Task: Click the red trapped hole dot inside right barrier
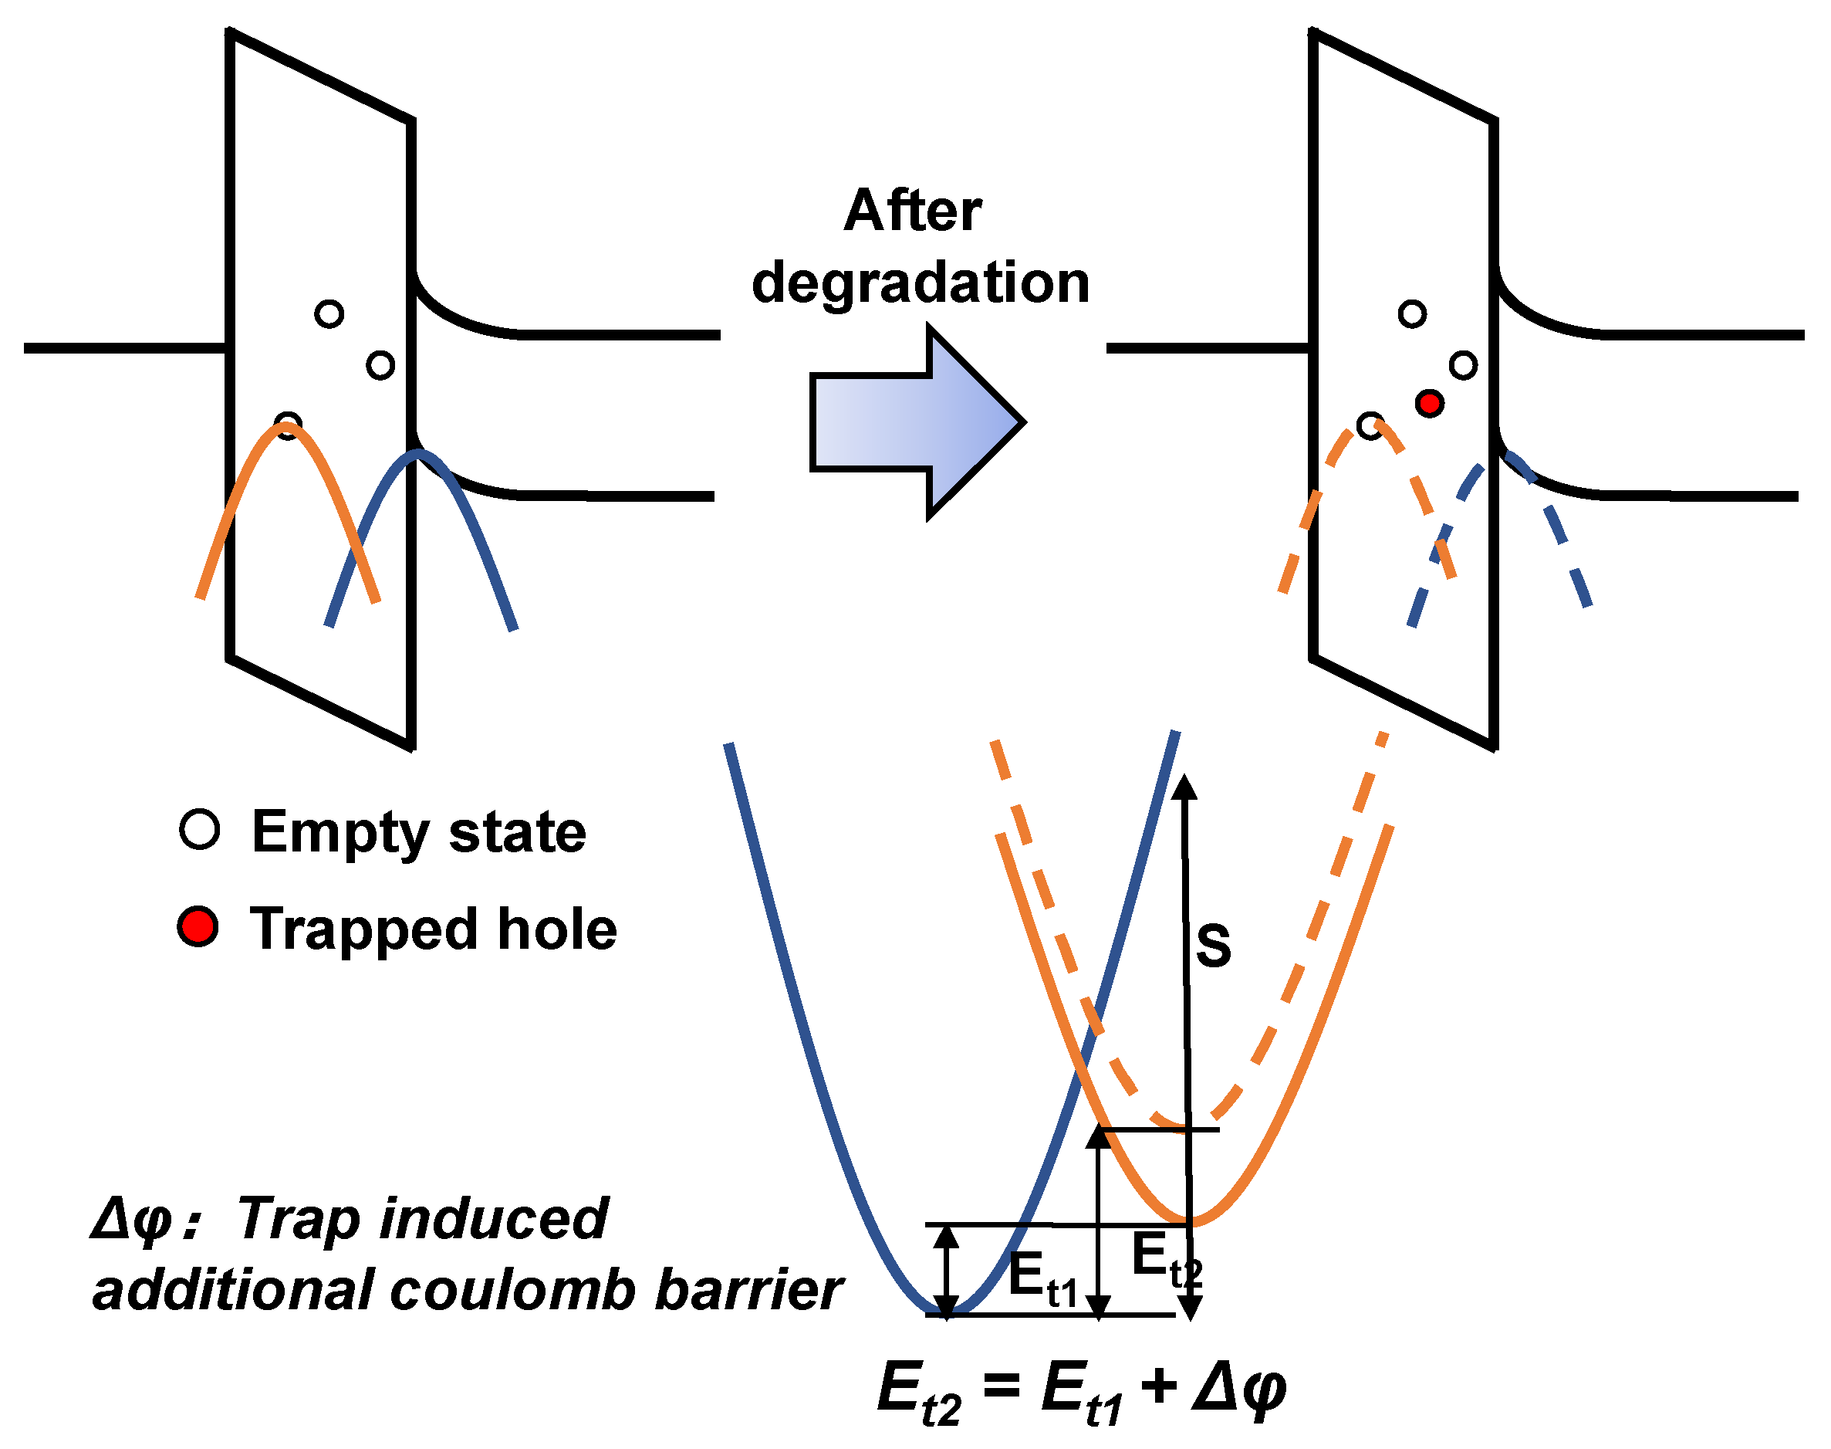pos(1429,403)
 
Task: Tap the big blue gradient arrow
pos(916,421)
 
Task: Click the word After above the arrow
pos(913,211)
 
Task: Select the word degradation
pos(921,283)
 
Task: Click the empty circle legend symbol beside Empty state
pos(199,829)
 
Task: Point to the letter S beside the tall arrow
pos(1213,945)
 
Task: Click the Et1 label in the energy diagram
pos(1042,1278)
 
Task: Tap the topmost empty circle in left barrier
pos(329,314)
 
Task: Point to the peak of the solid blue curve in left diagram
pos(416,453)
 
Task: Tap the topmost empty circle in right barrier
pos(1411,314)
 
